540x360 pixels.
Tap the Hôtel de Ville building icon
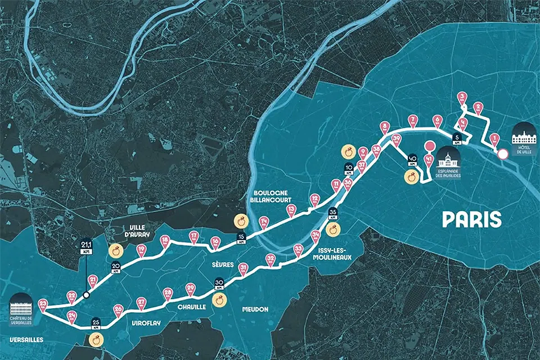coord(524,133)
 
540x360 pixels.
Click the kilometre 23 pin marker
coord(43,305)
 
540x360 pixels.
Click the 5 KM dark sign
coord(458,139)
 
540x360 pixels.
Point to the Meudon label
coord(256,309)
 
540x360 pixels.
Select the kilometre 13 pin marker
coord(291,210)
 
